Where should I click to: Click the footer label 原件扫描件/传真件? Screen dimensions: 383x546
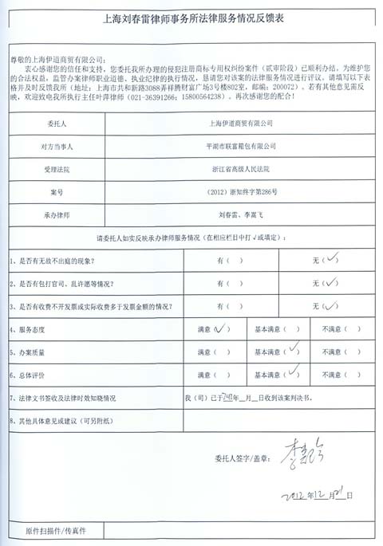point(56,529)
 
